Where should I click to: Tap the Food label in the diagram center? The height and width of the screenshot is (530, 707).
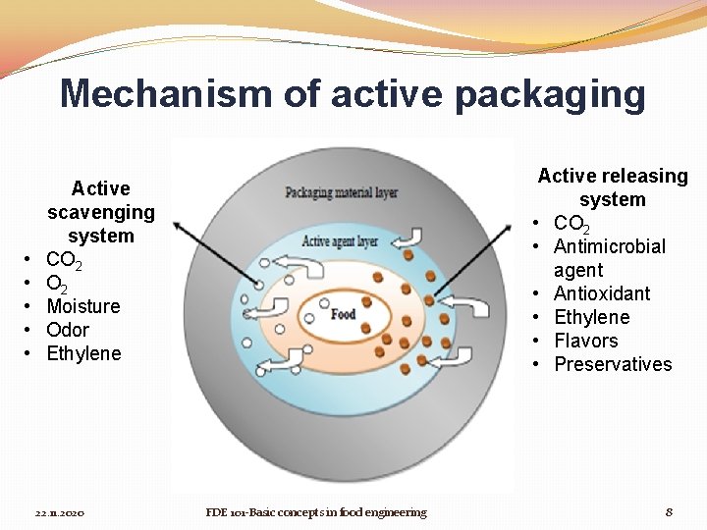[x=344, y=314]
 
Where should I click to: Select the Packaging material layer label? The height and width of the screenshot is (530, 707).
[x=341, y=192]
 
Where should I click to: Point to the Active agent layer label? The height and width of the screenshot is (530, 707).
[x=340, y=240]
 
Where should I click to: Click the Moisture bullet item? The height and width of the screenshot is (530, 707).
[x=82, y=306]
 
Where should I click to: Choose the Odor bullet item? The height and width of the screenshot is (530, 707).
[x=68, y=330]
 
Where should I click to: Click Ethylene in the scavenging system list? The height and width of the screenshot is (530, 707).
[x=83, y=353]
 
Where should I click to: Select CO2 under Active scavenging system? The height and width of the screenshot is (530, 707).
[x=64, y=260]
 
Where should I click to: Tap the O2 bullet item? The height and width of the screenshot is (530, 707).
[x=57, y=284]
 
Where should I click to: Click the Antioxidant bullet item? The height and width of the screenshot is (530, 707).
[x=602, y=293]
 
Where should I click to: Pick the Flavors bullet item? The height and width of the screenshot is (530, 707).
[x=586, y=341]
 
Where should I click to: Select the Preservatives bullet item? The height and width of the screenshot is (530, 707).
[x=613, y=364]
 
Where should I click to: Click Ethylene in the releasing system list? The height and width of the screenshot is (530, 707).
[x=592, y=317]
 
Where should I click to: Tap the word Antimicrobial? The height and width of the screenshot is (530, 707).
[x=609, y=246]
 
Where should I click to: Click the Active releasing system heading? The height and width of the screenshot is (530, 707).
[x=613, y=187]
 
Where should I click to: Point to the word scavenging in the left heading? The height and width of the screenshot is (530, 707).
[x=101, y=212]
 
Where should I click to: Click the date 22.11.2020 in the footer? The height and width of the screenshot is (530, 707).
[x=60, y=513]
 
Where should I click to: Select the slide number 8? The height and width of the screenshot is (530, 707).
[x=669, y=512]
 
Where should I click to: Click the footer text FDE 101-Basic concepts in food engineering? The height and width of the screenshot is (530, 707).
[x=316, y=512]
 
